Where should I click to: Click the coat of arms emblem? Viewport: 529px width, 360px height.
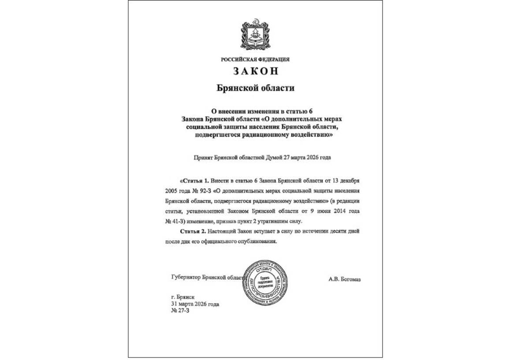coord(255,33)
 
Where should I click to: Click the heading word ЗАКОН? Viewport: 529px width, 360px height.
coord(255,71)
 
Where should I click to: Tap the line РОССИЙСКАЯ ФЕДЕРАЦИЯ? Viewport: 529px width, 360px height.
coord(255,59)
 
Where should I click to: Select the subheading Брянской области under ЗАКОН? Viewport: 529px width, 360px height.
coord(255,88)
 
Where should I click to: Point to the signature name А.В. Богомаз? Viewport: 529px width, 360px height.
coord(344,278)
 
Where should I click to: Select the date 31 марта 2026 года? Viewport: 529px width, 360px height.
coord(194,304)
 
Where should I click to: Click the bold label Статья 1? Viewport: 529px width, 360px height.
coord(194,181)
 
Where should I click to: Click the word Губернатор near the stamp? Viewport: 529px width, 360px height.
coord(185,277)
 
